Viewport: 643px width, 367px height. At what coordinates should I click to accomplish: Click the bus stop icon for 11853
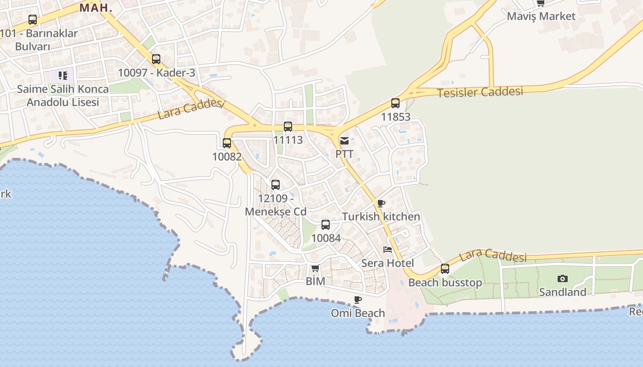coord(395,103)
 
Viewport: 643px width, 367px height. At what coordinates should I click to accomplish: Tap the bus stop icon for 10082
coord(227,143)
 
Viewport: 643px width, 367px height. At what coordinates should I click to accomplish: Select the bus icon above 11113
coord(288,126)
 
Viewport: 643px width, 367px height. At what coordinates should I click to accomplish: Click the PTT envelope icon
coord(344,141)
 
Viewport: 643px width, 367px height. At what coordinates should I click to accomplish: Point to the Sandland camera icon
coord(562,278)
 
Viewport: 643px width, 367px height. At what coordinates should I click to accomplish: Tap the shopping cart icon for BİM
coord(315,268)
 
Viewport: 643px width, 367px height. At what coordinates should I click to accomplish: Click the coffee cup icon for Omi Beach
coord(358,300)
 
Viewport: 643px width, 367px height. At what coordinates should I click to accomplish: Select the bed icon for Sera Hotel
coord(388,250)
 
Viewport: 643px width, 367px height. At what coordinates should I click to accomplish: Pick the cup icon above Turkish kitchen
coord(381,203)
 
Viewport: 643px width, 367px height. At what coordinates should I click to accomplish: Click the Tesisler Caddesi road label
coord(480,92)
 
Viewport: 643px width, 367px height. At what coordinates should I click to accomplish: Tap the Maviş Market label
coord(541,16)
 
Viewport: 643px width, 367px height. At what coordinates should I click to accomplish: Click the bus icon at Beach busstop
coord(445,269)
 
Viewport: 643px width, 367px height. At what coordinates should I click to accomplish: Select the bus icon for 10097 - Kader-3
coord(156,59)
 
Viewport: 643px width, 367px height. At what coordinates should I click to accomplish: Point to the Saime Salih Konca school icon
coord(62,75)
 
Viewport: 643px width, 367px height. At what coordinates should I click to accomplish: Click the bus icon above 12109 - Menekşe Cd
coord(276,185)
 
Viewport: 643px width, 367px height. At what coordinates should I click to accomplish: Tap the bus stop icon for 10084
coord(326,225)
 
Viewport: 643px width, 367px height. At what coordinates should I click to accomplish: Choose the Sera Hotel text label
coord(388,263)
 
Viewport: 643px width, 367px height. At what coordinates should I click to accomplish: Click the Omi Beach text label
coord(358,313)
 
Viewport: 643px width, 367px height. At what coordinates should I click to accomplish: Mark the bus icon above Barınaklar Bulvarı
coord(33,20)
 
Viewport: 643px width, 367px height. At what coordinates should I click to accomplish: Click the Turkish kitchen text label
coord(381,217)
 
